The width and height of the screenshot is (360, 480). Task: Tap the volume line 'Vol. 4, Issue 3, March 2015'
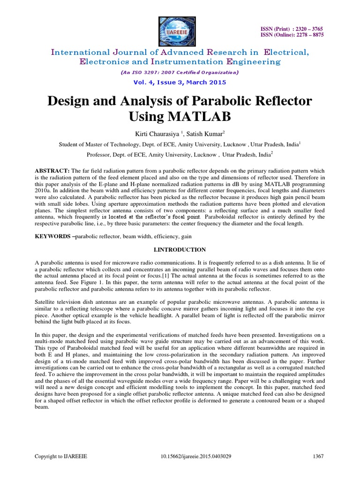click(x=180, y=82)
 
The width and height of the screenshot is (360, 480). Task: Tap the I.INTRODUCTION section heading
click(x=180, y=249)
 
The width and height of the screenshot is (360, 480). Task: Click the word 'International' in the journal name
click(x=80, y=52)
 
